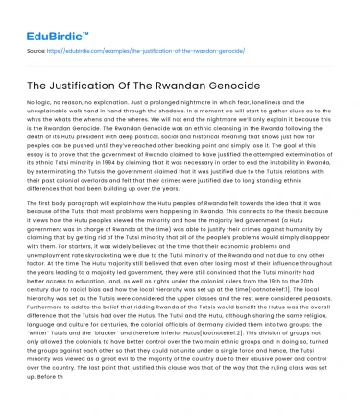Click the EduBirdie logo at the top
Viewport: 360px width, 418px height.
pos(43,17)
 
